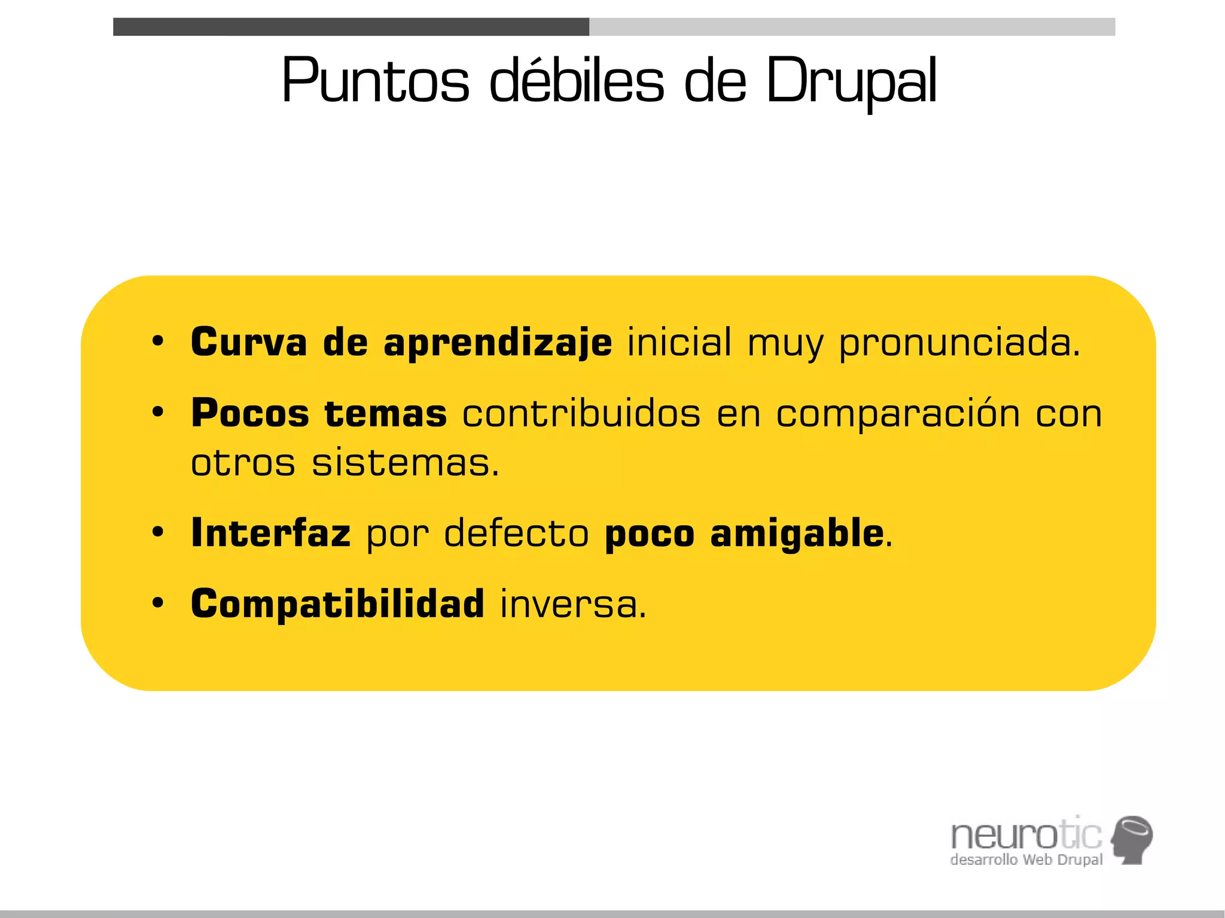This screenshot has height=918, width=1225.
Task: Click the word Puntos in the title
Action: click(x=376, y=81)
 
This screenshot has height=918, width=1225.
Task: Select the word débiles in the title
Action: click(x=577, y=81)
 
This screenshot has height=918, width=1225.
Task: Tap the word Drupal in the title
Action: click(x=851, y=81)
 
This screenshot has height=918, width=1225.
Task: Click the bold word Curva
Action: click(x=249, y=342)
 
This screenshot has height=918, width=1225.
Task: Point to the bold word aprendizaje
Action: click(x=498, y=343)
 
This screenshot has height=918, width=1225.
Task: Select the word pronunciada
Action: click(x=960, y=343)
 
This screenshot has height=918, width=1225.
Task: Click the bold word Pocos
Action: click(x=250, y=413)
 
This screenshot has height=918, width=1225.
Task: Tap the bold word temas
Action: click(x=386, y=413)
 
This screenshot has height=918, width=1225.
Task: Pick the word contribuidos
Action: click(x=581, y=413)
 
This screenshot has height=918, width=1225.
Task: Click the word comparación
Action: click(x=898, y=414)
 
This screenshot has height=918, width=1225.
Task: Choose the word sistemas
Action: click(x=405, y=463)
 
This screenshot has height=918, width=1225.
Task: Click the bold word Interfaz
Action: click(x=270, y=533)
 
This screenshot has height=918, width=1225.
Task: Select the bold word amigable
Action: click(x=797, y=533)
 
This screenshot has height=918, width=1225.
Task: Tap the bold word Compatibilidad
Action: click(x=337, y=603)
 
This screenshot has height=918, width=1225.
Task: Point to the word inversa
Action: click(x=573, y=604)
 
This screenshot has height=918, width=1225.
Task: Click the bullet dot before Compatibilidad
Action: click(x=158, y=603)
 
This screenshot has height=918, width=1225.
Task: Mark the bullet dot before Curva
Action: click(x=158, y=341)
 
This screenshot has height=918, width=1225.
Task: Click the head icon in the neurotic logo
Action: click(x=1132, y=838)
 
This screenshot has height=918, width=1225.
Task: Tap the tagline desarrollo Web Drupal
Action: click(x=1026, y=860)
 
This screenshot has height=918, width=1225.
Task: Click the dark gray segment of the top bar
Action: click(x=351, y=27)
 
